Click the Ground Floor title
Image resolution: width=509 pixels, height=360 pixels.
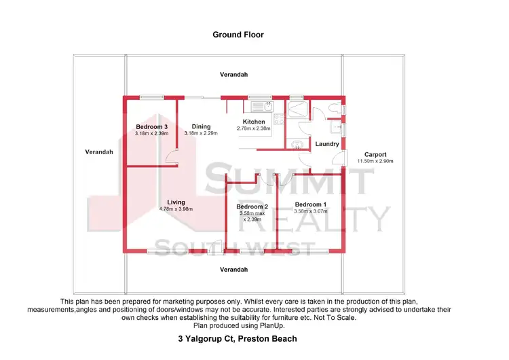[238, 34]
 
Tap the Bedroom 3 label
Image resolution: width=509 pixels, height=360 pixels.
[151, 126]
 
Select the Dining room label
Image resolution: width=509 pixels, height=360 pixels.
[201, 126]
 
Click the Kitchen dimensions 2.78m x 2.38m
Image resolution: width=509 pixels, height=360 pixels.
[253, 128]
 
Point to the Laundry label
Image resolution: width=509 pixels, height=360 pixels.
[327, 144]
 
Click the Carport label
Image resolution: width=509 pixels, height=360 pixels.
[375, 154]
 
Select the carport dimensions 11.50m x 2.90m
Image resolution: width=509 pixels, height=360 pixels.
[375, 161]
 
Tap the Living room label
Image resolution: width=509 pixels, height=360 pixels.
[176, 202]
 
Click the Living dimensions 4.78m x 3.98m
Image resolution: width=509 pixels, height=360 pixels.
[176, 209]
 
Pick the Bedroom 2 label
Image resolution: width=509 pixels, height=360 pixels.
[252, 206]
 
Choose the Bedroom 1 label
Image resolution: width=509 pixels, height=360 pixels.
[311, 204]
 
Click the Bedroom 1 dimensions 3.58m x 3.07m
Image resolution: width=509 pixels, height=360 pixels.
[311, 211]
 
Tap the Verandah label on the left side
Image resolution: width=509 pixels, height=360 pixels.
[99, 151]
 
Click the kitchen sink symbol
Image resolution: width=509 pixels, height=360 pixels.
[261, 107]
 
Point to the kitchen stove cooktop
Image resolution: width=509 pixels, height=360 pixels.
[297, 108]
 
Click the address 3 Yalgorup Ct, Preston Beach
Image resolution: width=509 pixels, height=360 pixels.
[238, 338]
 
